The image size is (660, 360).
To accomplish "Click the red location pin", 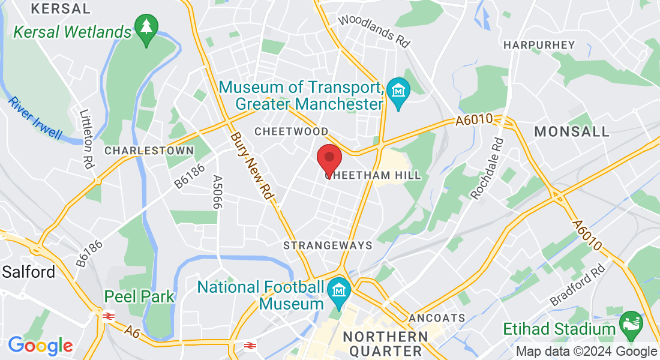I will (329, 159).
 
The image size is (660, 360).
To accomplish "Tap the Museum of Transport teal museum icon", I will (398, 91).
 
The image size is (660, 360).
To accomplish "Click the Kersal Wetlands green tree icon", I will (146, 28).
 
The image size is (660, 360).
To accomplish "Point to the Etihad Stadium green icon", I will (631, 323).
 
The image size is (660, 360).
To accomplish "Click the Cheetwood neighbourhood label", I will (292, 131).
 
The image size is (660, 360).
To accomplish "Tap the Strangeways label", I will (328, 245).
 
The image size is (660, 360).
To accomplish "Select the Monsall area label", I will (571, 131).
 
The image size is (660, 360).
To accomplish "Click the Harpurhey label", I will (539, 45).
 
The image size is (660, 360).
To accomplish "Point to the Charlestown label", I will (149, 151).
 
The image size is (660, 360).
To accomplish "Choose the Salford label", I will (28, 272).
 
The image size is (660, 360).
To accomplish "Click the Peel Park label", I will (139, 296).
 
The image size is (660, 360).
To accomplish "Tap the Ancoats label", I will (437, 317).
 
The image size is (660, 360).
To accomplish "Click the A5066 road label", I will (217, 192).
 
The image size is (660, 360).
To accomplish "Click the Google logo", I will (40, 346).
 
